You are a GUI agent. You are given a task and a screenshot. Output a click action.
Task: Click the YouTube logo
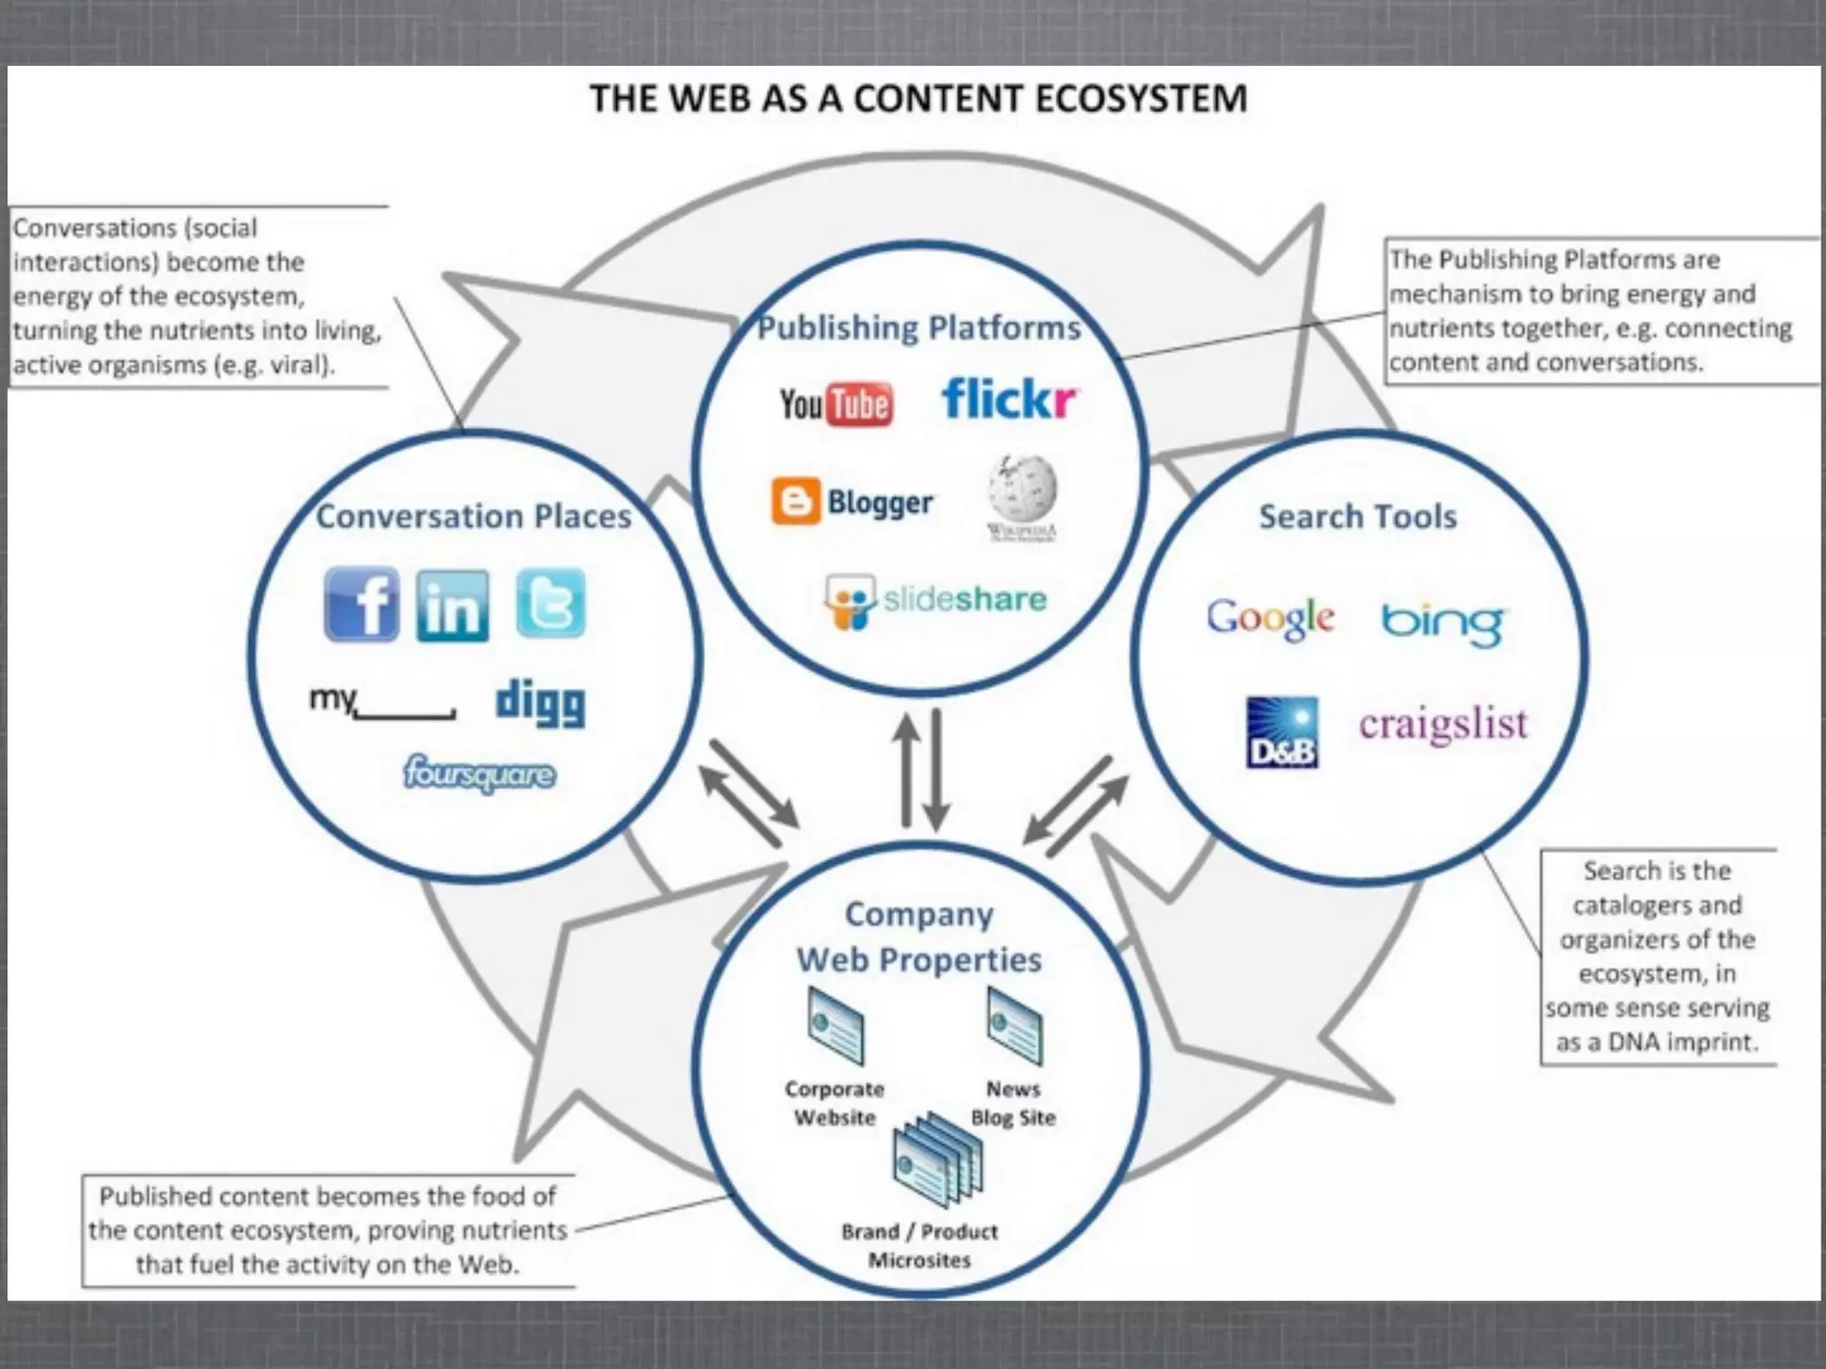tap(835, 404)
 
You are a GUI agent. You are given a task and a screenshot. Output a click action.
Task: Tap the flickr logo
tap(1008, 398)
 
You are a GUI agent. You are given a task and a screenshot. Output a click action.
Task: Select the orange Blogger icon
tap(795, 502)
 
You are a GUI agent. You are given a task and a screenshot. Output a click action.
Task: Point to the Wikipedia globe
tap(1022, 489)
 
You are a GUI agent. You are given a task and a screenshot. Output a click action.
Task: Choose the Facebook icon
tap(362, 604)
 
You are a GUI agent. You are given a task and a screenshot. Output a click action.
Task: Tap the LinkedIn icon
tap(453, 606)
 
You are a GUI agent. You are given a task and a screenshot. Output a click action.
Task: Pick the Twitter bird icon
tap(551, 603)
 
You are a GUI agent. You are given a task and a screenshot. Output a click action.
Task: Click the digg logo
tap(540, 702)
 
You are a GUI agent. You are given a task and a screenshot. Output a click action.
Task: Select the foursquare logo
tap(480, 774)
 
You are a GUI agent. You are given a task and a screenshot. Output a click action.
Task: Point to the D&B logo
tap(1281, 733)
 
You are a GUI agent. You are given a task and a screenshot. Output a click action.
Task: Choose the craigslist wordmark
tap(1443, 724)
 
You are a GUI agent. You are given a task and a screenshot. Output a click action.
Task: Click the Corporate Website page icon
tap(835, 1026)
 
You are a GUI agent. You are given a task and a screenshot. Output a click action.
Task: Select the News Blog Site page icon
tap(1014, 1026)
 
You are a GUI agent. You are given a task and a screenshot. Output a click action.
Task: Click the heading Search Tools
tap(1357, 516)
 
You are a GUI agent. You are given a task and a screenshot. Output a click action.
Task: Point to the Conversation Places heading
tap(473, 516)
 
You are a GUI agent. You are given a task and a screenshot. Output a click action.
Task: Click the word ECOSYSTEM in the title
tap(1141, 99)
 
